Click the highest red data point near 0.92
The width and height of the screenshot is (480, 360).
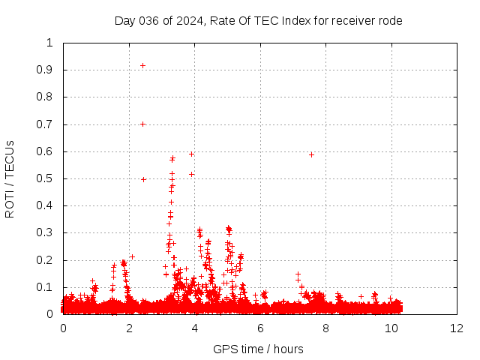(x=142, y=66)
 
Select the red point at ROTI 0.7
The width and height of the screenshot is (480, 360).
(x=142, y=124)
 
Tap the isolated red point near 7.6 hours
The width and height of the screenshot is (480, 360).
(x=311, y=154)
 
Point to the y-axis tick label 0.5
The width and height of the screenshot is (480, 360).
(x=49, y=178)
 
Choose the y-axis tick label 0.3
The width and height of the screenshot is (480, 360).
(x=49, y=232)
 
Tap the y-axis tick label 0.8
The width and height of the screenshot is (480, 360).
(x=49, y=97)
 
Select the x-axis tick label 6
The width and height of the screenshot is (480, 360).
(x=260, y=328)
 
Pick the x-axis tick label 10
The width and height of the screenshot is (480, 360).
(x=391, y=328)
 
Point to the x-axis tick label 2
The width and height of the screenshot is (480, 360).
(x=129, y=328)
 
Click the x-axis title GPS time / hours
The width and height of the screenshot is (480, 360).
(x=259, y=349)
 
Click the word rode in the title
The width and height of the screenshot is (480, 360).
(x=390, y=21)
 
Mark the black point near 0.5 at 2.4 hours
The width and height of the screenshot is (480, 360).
(x=143, y=179)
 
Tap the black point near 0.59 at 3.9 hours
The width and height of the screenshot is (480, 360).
(x=191, y=154)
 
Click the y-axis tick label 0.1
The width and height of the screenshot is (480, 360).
(x=49, y=287)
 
